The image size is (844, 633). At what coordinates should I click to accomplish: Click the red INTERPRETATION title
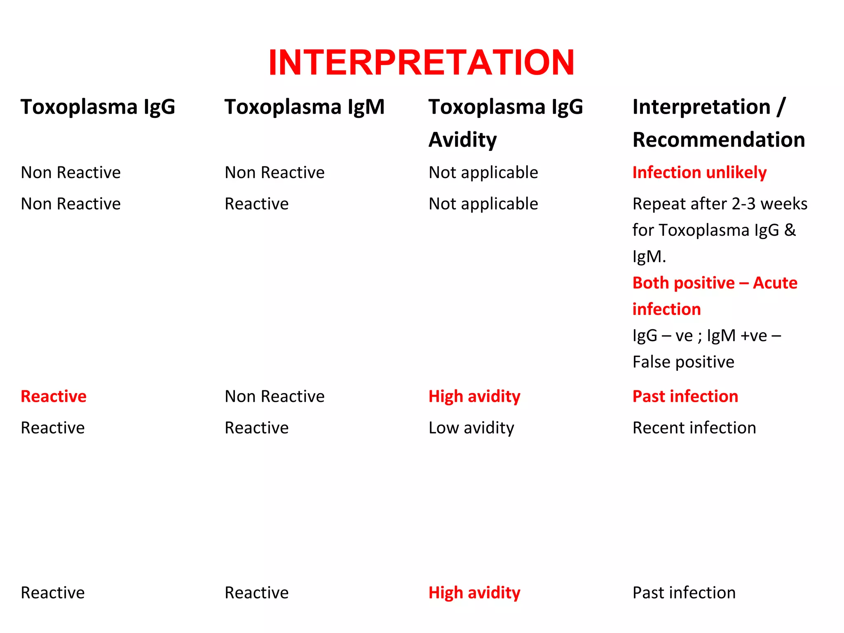click(421, 63)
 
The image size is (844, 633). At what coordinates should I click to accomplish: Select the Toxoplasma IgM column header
click(305, 107)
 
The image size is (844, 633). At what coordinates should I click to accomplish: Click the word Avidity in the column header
click(463, 140)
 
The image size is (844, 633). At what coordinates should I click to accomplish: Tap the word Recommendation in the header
click(719, 140)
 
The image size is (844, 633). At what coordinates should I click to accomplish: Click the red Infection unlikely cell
click(699, 172)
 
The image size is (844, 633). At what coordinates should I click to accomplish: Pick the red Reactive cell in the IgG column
click(54, 396)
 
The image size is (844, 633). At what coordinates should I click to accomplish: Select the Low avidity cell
click(471, 428)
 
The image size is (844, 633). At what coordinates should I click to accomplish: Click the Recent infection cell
click(694, 428)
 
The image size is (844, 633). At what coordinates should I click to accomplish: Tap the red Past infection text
click(685, 396)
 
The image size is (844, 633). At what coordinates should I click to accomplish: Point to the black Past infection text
click(684, 593)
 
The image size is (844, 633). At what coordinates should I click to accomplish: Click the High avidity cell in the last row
click(474, 593)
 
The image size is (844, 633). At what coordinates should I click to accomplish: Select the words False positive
click(683, 362)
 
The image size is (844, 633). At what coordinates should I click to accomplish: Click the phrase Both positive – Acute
click(715, 283)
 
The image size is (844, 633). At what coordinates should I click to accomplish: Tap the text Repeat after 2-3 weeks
click(720, 204)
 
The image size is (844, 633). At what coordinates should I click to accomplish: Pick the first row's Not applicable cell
click(483, 172)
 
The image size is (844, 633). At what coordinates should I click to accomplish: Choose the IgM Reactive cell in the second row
click(257, 204)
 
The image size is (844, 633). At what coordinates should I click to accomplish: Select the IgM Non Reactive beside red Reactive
click(274, 396)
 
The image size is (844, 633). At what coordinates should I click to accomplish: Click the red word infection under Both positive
click(666, 309)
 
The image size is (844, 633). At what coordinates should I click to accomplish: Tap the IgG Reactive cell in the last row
click(53, 593)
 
